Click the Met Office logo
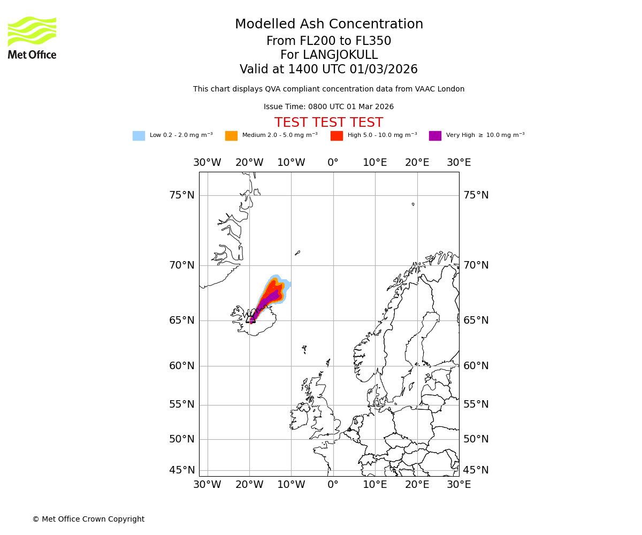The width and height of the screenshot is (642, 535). coord(32,37)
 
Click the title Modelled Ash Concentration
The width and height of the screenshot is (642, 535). coord(328,25)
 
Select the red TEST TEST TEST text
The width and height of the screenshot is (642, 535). coord(328,123)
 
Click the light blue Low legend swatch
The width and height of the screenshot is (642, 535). coord(139,136)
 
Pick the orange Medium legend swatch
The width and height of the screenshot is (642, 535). coord(231,136)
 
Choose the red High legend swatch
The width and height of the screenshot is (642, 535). coord(337,136)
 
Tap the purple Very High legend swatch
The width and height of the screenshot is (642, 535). coord(435,136)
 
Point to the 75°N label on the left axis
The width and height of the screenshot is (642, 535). coord(182,195)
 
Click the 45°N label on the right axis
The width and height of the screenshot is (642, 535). coord(476,470)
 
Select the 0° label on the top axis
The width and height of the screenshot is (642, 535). coord(333,163)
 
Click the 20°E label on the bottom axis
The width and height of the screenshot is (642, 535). coord(417,485)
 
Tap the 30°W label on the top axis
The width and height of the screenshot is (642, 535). coord(207,163)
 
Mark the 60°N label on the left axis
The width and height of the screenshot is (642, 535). coord(182,366)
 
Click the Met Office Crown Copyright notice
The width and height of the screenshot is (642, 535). coord(88,519)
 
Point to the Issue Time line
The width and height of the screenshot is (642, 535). coord(328,106)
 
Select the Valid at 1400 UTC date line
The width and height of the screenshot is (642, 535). coord(328,70)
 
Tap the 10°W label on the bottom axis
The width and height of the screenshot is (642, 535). coord(291,485)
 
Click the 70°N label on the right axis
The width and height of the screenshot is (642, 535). coord(476,265)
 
